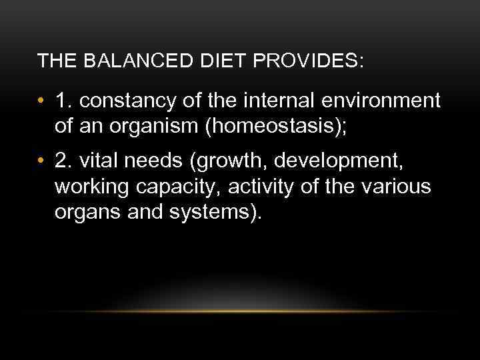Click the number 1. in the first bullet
coord(64,101)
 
